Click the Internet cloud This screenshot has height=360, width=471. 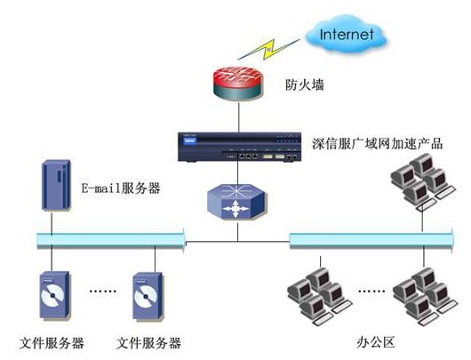pos(346,35)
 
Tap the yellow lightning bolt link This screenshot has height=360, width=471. pos(268,49)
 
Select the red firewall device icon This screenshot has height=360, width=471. pos(239,83)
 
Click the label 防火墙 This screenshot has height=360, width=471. pos(305,84)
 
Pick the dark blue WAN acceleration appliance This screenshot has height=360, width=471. pos(239,147)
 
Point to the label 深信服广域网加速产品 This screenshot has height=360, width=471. pos(378,144)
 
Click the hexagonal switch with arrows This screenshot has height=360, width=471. pos(236,202)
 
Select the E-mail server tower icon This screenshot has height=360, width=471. pos(56,185)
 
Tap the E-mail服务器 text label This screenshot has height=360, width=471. pos(121,188)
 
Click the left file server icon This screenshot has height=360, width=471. pos(55,296)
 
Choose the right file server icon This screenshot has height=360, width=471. pos(148,296)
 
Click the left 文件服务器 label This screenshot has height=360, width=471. pos(52,343)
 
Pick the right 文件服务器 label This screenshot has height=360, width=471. pos(148,343)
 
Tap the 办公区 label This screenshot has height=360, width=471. pos(376,342)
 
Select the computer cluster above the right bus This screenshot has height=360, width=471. pos(423,181)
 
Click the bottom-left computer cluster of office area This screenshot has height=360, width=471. pos(319,296)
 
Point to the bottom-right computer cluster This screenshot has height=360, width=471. pos(426,296)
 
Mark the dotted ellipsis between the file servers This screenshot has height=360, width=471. pos(103,291)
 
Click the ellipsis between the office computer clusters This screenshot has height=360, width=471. pos(371,291)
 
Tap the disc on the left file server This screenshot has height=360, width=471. pos(52,296)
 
